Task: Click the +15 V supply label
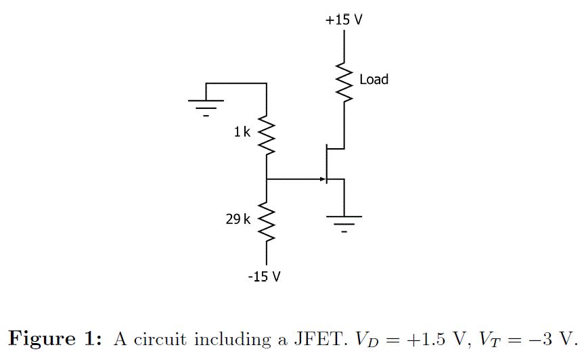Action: [343, 20]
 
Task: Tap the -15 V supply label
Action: [264, 277]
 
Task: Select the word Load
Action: [374, 80]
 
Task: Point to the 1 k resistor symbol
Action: [267, 137]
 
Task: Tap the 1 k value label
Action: [242, 133]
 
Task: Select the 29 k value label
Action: [238, 219]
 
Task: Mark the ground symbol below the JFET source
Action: [344, 221]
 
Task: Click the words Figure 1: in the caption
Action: [57, 338]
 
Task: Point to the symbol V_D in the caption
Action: [369, 338]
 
